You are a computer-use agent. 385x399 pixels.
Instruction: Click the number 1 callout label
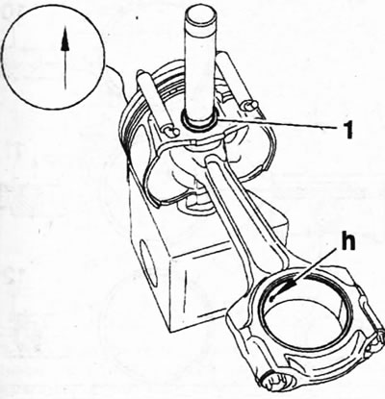[346, 128]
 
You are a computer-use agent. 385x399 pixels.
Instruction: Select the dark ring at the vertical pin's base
[200, 123]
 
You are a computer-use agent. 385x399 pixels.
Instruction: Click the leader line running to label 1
[277, 123]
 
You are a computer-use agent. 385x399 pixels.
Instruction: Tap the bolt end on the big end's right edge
[377, 340]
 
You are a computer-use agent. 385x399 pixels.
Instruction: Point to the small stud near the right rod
[250, 105]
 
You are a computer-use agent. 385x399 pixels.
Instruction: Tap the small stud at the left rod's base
[170, 131]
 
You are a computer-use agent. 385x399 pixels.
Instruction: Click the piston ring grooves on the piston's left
[128, 128]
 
